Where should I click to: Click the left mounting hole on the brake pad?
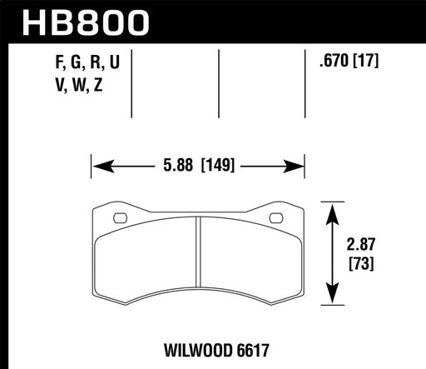pyautogui.click(x=120, y=220)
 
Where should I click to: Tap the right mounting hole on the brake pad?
pyautogui.click(x=275, y=220)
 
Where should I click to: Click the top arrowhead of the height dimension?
pyautogui.click(x=333, y=207)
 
